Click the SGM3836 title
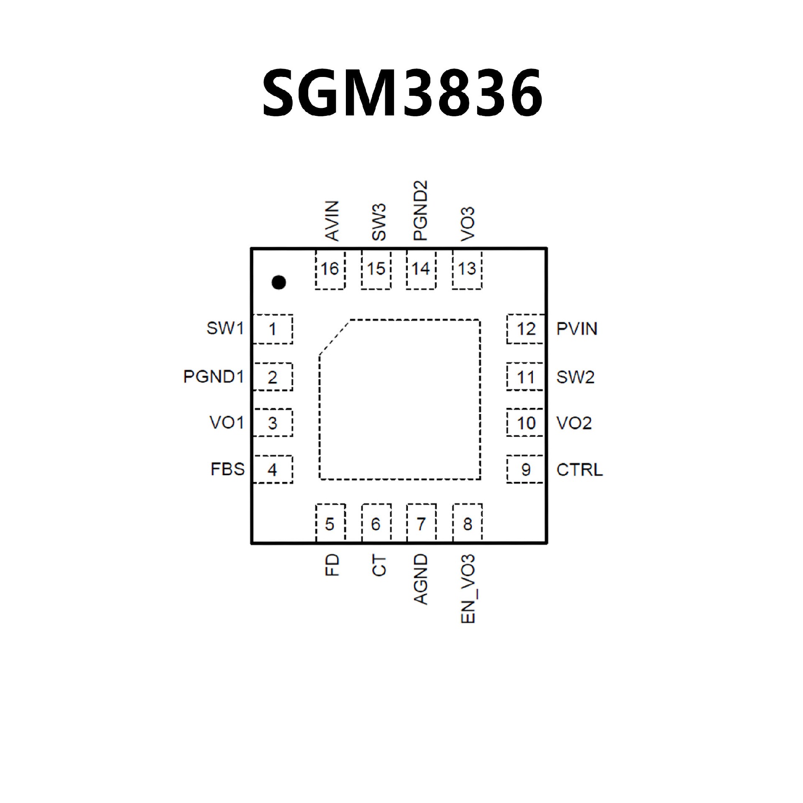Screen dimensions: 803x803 click(402, 92)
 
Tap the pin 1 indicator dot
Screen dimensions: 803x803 click(279, 282)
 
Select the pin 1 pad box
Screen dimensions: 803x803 click(273, 329)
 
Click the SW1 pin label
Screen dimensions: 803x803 click(225, 328)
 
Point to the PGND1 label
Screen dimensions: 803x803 click(213, 377)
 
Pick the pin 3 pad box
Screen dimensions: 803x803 click(273, 423)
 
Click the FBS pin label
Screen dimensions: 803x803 click(228, 469)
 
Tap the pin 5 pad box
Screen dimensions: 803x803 click(330, 524)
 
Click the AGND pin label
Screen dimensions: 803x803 click(421, 579)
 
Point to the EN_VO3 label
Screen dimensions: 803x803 click(468, 589)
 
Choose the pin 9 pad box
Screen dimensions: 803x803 click(525, 469)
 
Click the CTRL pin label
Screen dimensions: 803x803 click(580, 470)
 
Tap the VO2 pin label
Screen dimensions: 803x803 click(574, 423)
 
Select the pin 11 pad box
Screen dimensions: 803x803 click(525, 377)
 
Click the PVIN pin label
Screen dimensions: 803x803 click(577, 329)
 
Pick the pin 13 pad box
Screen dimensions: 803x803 click(467, 270)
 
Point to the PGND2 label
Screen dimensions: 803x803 click(420, 210)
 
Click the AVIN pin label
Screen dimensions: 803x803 click(332, 220)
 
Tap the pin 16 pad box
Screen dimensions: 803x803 click(330, 270)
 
